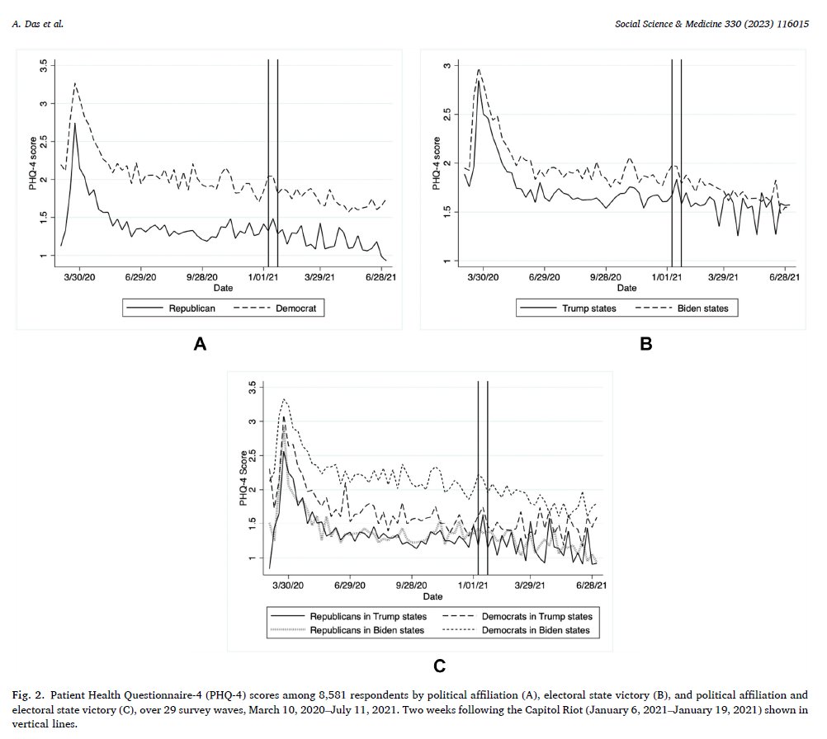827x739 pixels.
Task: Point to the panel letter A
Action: [x=200, y=344]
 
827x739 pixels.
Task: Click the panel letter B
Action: [x=645, y=344]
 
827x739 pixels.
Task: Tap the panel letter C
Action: [x=439, y=666]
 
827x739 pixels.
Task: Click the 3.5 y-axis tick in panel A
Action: [x=44, y=65]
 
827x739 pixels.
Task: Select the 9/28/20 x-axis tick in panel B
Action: [x=606, y=277]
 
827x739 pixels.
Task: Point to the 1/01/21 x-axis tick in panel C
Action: [x=473, y=585]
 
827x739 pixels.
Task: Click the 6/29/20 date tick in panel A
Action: [x=140, y=277]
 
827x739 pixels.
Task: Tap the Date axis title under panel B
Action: [x=626, y=288]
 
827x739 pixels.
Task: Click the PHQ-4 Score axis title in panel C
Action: [x=243, y=478]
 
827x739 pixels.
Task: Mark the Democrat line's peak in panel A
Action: [x=75, y=82]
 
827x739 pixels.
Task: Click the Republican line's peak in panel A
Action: [x=75, y=124]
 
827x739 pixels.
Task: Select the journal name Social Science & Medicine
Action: [x=669, y=24]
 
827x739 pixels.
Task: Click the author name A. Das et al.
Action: [x=37, y=24]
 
